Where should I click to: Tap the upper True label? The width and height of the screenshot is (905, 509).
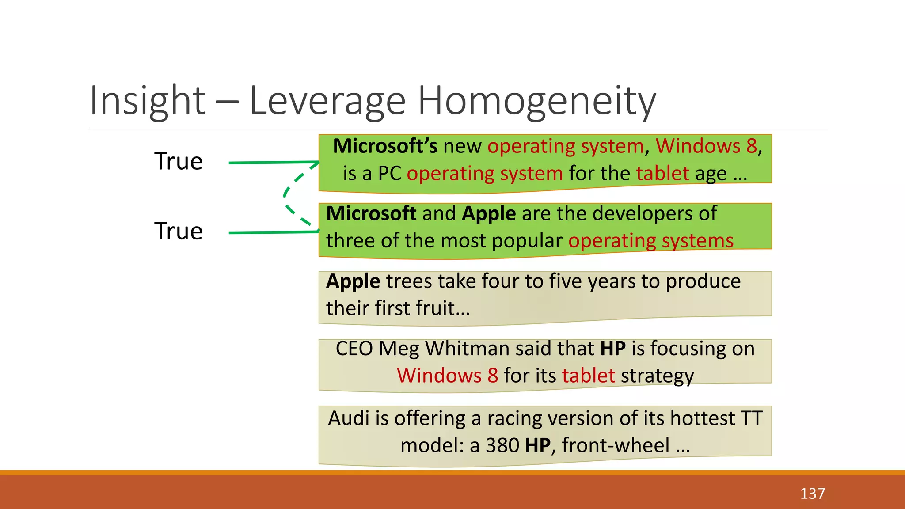pos(179,161)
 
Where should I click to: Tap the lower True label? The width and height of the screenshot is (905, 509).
pos(179,231)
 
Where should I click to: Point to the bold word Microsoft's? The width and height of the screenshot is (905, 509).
pos(385,146)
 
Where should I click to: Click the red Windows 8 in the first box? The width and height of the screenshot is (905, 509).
pos(706,146)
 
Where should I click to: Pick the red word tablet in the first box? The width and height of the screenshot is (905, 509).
pos(662,173)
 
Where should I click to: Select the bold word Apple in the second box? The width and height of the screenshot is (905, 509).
pos(489,213)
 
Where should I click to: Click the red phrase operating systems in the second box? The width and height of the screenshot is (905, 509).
pos(651,241)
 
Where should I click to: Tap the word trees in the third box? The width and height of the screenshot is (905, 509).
pos(409,281)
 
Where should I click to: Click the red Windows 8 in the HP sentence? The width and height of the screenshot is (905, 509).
pos(448,376)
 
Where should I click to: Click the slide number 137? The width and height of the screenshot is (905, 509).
pos(812,493)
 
